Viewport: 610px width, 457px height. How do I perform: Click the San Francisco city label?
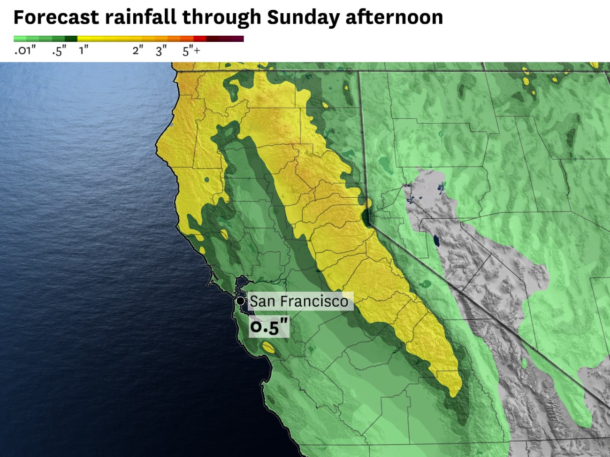[299, 301]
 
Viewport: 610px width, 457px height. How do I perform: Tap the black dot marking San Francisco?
[240, 301]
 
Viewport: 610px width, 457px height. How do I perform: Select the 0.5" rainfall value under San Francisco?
[269, 326]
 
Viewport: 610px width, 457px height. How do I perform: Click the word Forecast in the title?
[56, 17]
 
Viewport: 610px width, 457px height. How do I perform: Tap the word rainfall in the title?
[141, 17]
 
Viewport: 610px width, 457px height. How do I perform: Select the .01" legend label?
[25, 51]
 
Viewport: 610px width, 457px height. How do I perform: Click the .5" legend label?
[59, 51]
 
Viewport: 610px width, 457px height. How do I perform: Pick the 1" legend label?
[84, 51]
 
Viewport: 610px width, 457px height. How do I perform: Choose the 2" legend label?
[137, 51]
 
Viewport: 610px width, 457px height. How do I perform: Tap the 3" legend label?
[161, 51]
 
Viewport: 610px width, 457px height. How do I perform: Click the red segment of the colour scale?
[200, 39]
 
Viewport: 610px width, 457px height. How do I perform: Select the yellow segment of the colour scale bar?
[103, 39]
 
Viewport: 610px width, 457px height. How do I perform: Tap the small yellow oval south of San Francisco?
[268, 348]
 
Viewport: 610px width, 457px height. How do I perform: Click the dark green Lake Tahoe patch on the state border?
[366, 217]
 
